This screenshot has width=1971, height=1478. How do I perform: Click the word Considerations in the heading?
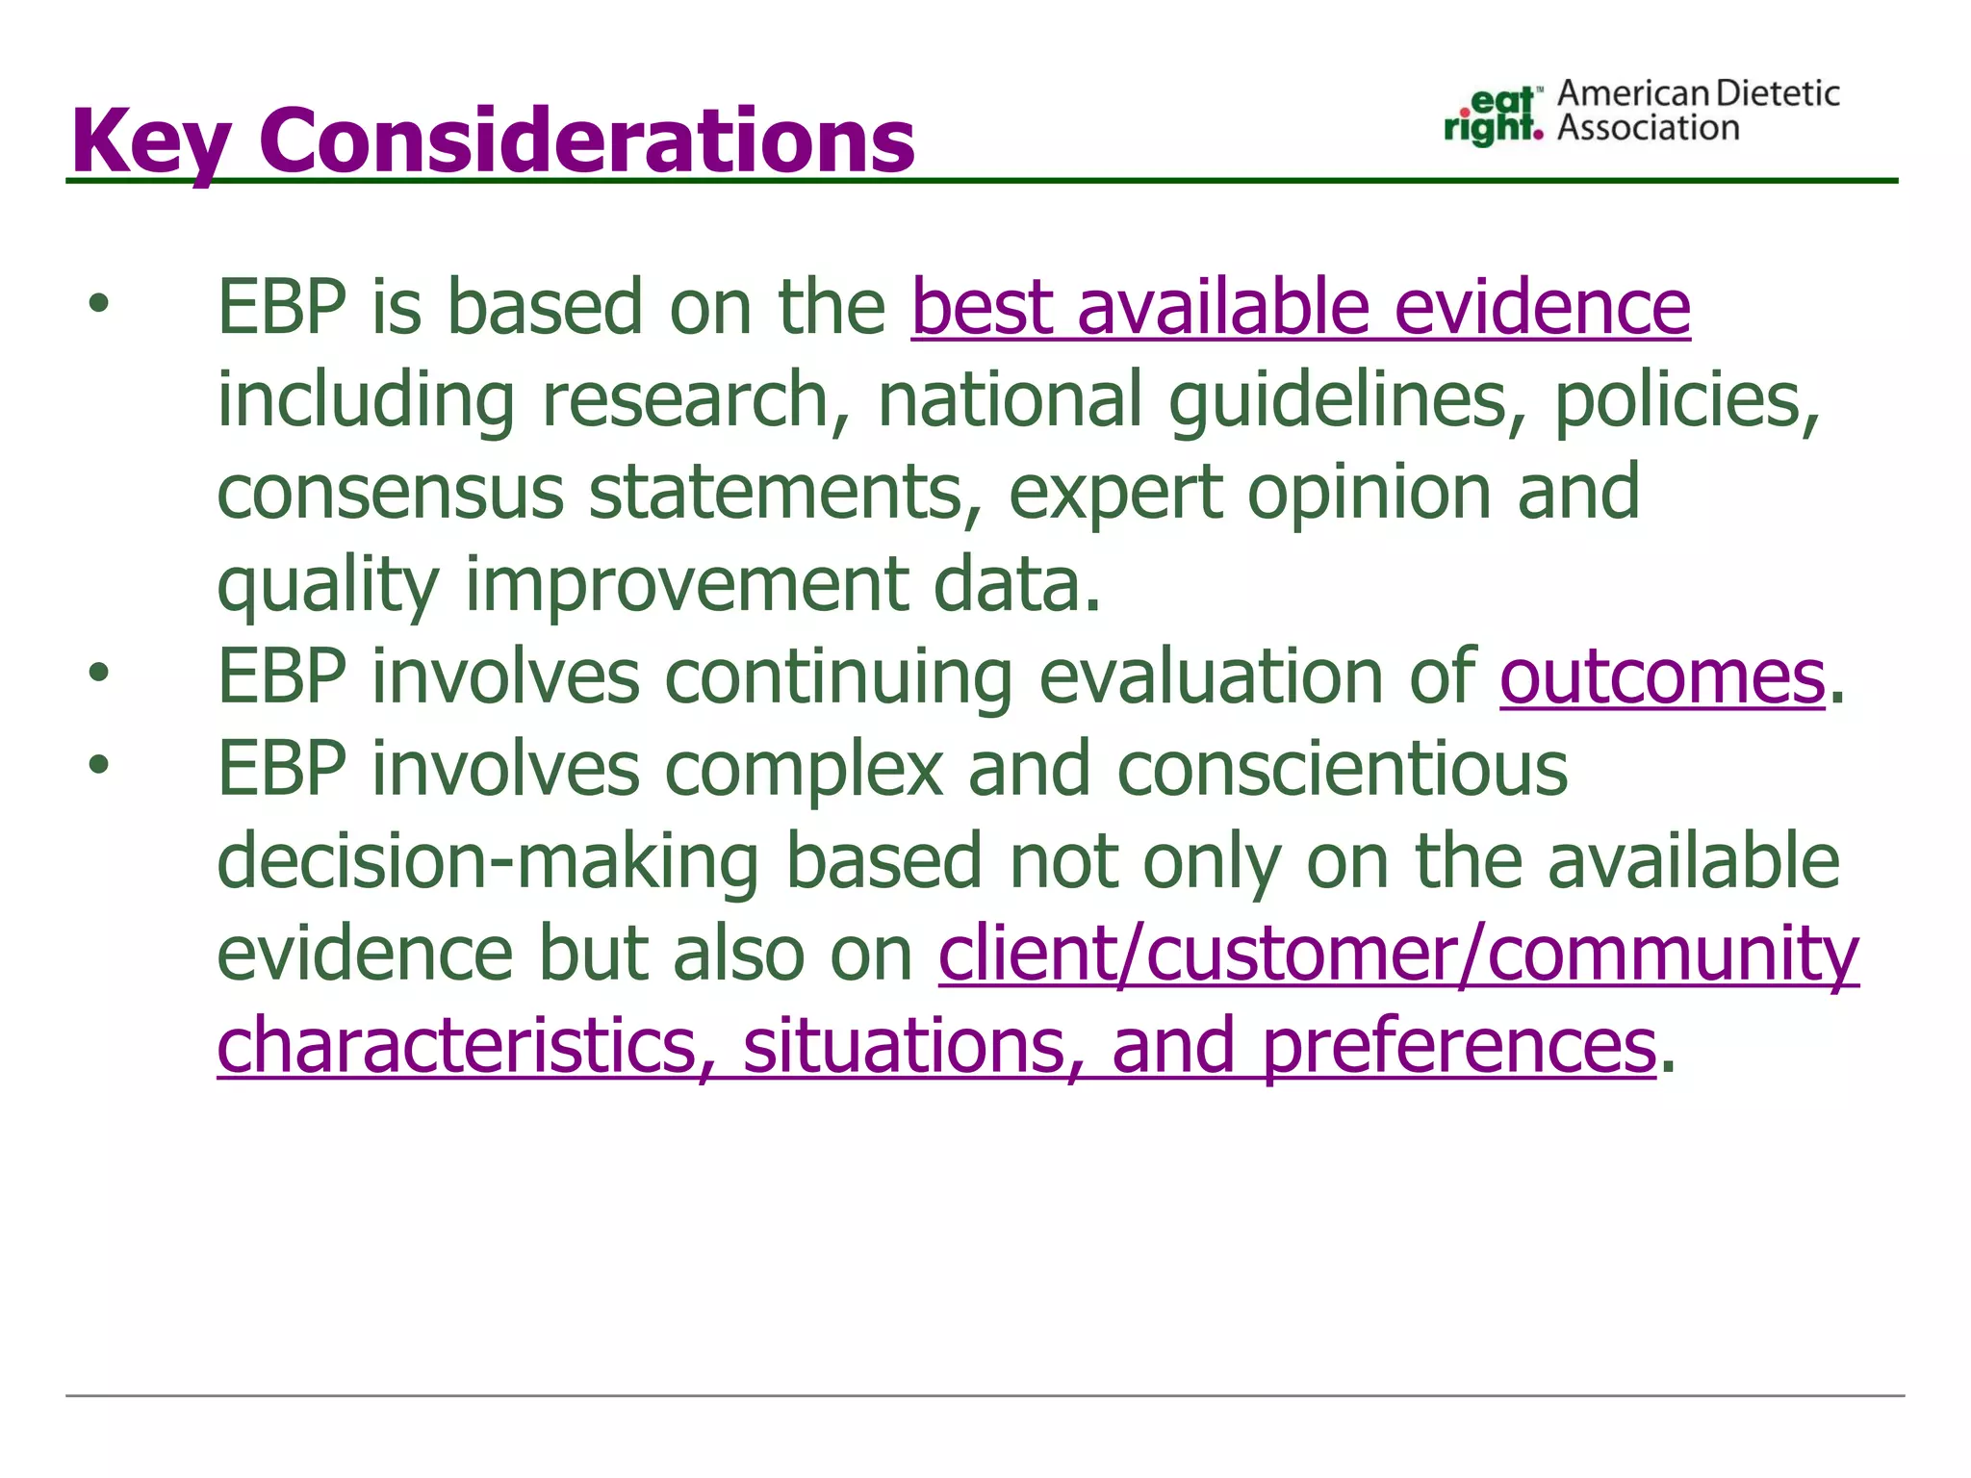(586, 141)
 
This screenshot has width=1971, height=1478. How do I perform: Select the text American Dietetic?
(1698, 93)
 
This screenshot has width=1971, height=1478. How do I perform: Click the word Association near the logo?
(1648, 128)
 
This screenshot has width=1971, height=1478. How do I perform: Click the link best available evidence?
(1300, 307)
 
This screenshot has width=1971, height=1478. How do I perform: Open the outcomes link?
(1662, 676)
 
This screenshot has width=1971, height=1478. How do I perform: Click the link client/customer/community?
(1397, 954)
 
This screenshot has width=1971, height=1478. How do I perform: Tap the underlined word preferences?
(1458, 1046)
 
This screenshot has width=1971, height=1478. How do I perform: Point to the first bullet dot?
(98, 305)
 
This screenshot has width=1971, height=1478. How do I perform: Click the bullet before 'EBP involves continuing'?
(98, 674)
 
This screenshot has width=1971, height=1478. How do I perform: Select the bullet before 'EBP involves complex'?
(98, 766)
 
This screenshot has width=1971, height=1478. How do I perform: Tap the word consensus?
(390, 492)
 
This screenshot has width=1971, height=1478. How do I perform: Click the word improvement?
(686, 584)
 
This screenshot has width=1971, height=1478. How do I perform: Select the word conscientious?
(1343, 769)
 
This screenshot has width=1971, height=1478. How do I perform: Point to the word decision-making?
(488, 861)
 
